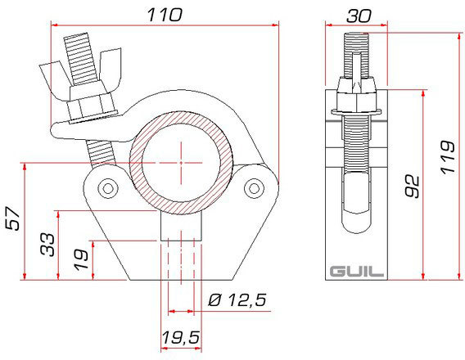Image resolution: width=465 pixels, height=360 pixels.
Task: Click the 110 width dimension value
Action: coord(165,15)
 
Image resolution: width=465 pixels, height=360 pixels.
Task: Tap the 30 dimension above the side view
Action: coord(359,16)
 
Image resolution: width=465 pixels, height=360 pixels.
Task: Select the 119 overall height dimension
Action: coord(448,157)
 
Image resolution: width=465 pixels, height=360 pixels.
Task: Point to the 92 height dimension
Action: coord(413,187)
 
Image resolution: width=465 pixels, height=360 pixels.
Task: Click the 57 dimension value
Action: coord(13,218)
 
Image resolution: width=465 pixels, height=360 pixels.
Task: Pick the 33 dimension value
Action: coord(47,245)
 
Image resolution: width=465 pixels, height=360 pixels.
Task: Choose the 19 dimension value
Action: coord(81,260)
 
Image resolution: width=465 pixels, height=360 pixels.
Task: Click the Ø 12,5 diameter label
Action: coord(237,300)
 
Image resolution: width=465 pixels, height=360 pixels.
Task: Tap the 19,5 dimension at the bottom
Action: coord(180,337)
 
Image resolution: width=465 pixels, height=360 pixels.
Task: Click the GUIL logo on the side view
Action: coord(356,272)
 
